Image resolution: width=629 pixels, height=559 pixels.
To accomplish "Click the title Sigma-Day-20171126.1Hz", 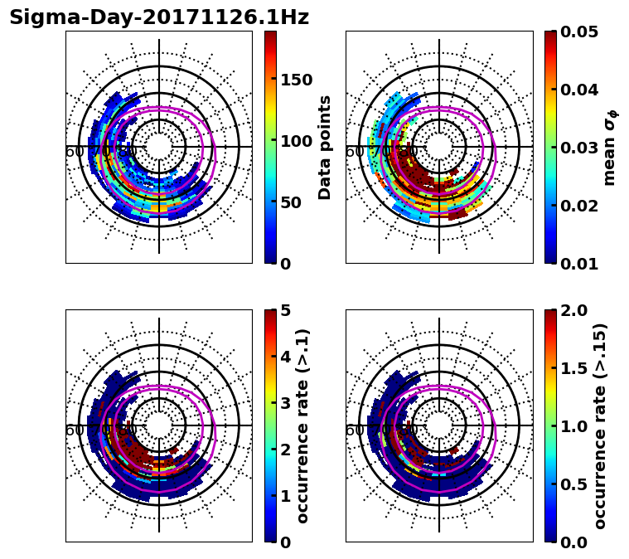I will tap(159, 17).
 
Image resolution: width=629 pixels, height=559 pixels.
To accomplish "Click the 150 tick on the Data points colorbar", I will tap(296, 80).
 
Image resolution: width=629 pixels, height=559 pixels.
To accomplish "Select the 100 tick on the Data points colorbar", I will tap(296, 141).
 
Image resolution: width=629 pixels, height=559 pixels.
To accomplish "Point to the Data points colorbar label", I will tap(325, 147).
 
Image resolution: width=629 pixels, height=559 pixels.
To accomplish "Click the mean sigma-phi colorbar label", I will tap(609, 147).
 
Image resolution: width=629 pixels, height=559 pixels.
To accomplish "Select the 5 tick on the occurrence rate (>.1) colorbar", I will tap(286, 310).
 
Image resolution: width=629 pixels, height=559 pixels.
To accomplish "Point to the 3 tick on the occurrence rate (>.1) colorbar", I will tap(286, 403).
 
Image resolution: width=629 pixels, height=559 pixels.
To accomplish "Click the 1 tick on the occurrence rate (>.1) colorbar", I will tap(286, 496).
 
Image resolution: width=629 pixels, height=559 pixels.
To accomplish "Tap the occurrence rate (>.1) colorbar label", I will tap(303, 425).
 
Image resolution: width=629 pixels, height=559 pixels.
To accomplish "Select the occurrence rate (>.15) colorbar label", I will tap(600, 425).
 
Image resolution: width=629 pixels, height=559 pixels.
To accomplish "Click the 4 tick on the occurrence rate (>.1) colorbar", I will tap(286, 357).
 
